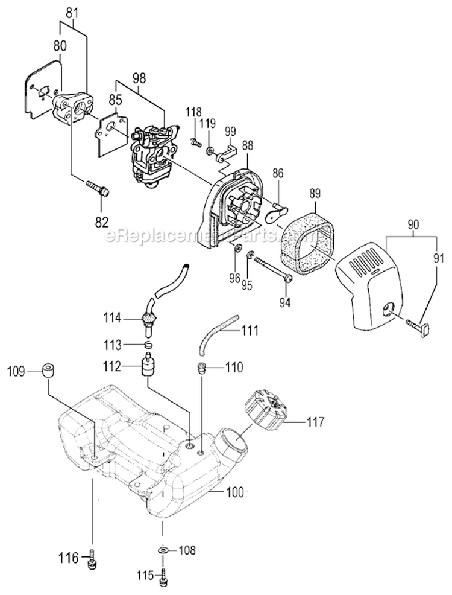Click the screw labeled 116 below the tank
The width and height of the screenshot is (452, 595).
click(x=93, y=558)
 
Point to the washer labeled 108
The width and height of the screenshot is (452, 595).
click(x=163, y=550)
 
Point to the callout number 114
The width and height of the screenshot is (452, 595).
click(x=113, y=317)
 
